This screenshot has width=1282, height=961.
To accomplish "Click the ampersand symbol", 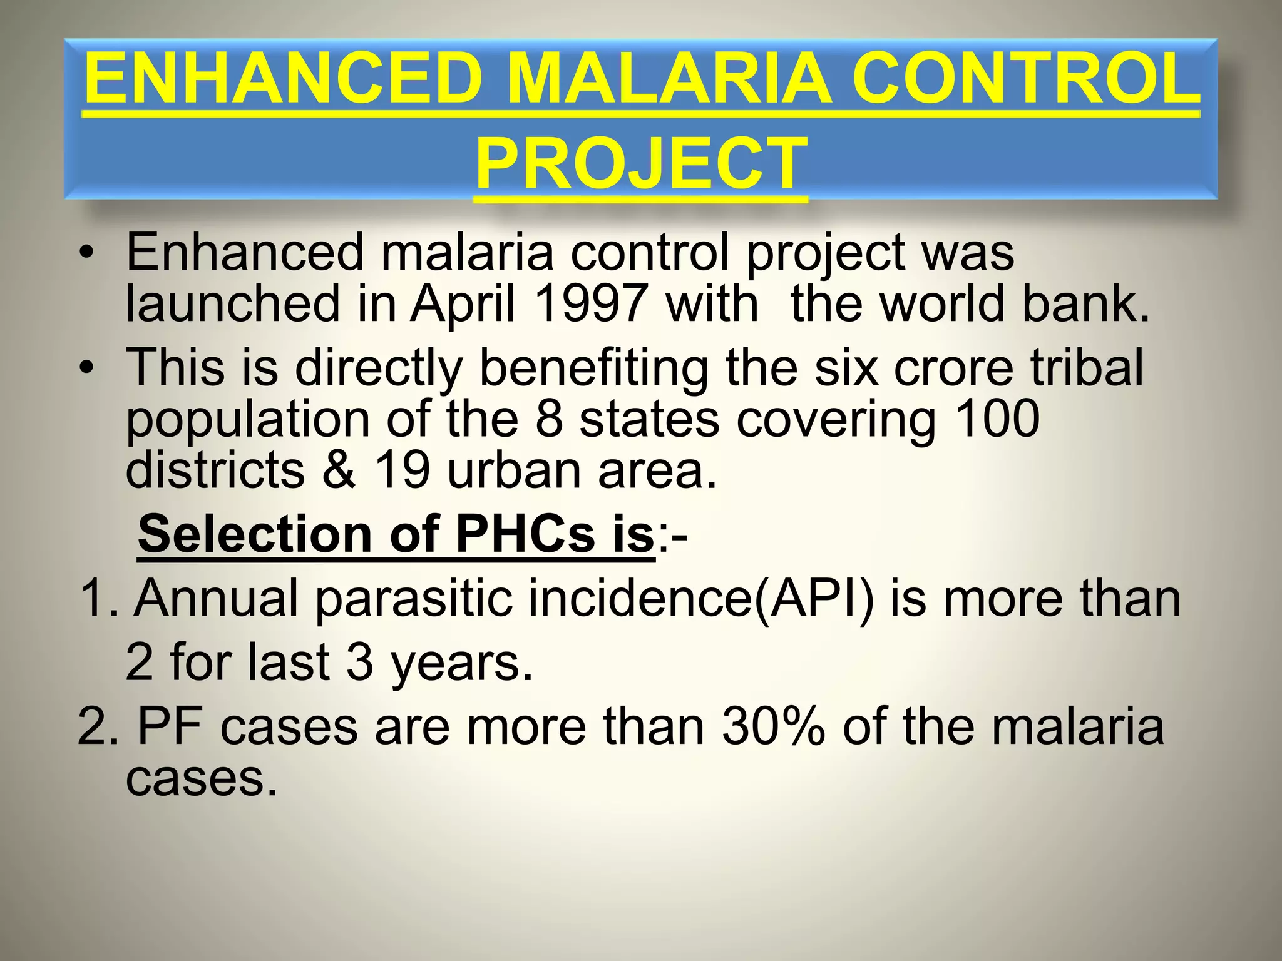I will point(338,470).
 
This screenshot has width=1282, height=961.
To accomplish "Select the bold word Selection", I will point(255,534).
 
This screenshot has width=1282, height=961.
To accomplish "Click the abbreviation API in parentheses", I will point(814,598).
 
